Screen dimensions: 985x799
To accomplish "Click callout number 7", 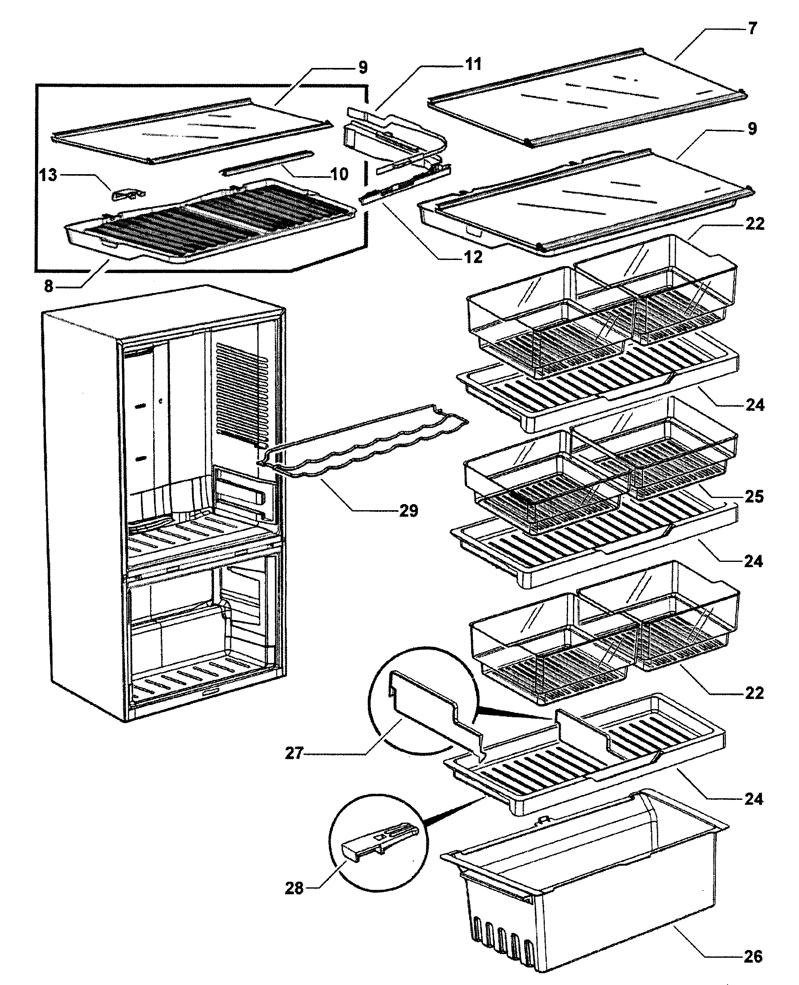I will [x=752, y=28].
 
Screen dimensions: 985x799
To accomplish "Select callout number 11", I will [x=473, y=64].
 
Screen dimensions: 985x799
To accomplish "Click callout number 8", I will [x=49, y=286].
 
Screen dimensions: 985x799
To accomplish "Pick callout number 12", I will [x=473, y=257].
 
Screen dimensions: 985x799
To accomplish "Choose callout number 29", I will [x=408, y=511].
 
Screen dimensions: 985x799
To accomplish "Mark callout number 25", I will [x=754, y=497].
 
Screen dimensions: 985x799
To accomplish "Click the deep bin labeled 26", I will [x=584, y=897].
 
